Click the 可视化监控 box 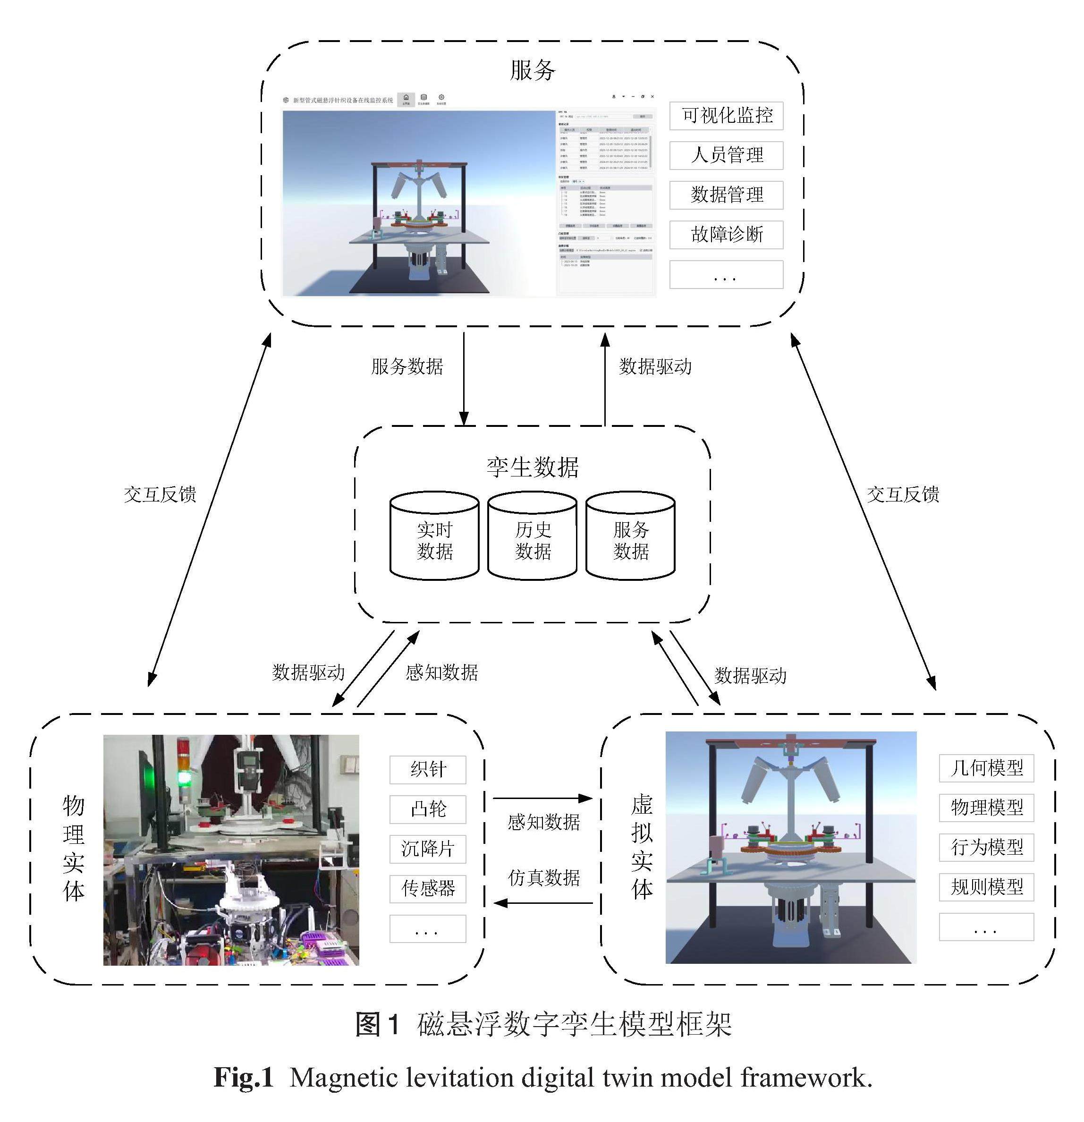point(726,116)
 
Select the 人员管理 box point(726,155)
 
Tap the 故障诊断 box point(726,234)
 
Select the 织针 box point(428,769)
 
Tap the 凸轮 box point(428,809)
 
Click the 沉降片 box point(428,849)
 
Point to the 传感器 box point(428,888)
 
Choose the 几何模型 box point(986,768)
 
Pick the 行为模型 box point(986,847)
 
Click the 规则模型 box point(986,887)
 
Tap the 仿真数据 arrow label point(544,877)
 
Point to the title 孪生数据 point(532,467)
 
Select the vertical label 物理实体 point(73,849)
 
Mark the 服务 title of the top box point(532,70)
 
